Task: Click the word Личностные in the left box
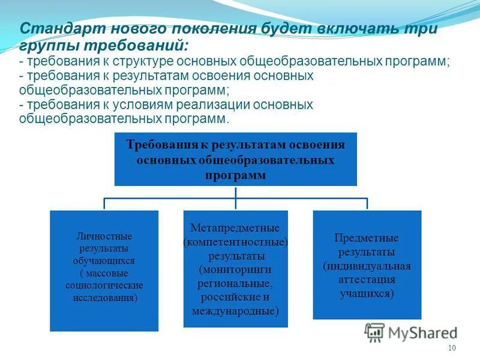(104, 236)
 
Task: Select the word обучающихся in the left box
(104, 261)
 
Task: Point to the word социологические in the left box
(104, 285)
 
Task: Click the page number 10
(452, 349)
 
